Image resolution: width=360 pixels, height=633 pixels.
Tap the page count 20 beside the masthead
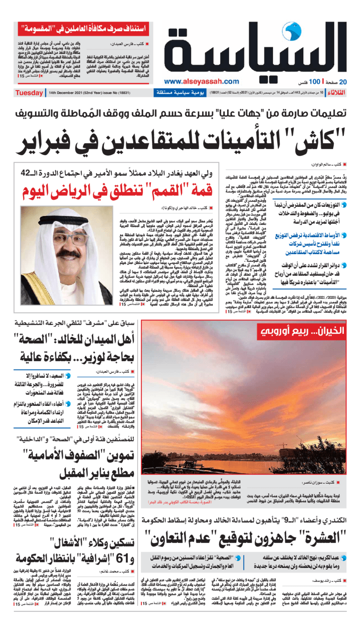343,82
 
